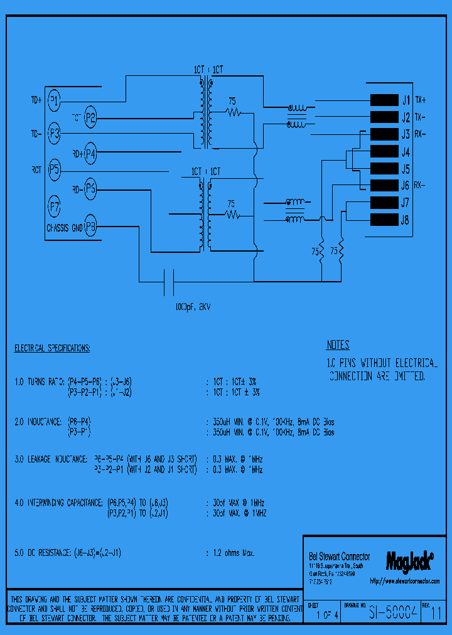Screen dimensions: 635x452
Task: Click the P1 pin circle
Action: pyautogui.click(x=55, y=100)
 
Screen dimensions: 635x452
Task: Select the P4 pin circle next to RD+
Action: pyautogui.click(x=90, y=152)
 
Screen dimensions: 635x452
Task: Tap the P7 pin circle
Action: pyautogui.click(x=55, y=205)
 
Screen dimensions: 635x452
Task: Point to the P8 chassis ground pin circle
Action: pyautogui.click(x=91, y=227)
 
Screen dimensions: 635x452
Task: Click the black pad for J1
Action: pyautogui.click(x=384, y=100)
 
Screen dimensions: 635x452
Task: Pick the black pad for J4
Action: pyautogui.click(x=384, y=152)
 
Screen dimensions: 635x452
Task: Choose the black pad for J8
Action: pyautogui.click(x=384, y=220)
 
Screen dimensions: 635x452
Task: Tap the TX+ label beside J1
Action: pyautogui.click(x=421, y=100)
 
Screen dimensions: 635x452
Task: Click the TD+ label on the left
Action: pyautogui.click(x=36, y=100)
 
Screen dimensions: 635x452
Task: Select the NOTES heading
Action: pyautogui.click(x=338, y=345)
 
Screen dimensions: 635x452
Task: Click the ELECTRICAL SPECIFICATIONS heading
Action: pyautogui.click(x=52, y=348)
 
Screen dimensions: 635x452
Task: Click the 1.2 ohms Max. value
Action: pyautogui.click(x=230, y=553)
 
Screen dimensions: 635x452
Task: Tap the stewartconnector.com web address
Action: pyautogui.click(x=405, y=582)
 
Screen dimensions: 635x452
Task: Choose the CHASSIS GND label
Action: pyautogui.click(x=64, y=227)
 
